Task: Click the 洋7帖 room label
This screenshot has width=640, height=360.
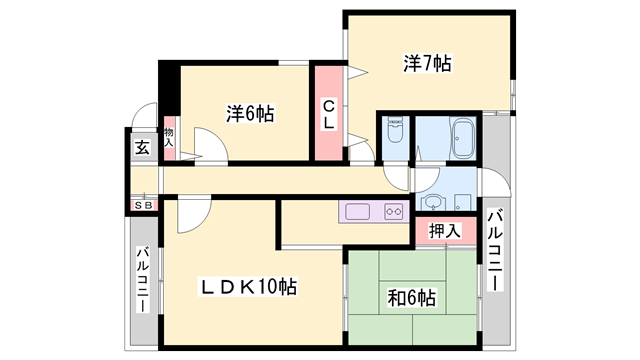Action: [427, 64]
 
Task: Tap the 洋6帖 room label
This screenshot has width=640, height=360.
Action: [250, 113]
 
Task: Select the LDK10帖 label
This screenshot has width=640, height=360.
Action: [248, 287]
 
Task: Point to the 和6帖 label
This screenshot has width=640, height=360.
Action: [412, 298]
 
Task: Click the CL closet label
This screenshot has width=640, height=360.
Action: [329, 115]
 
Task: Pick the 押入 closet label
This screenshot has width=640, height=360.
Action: [445, 231]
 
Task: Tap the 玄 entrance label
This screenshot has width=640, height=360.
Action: [142, 147]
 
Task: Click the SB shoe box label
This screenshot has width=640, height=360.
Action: [144, 206]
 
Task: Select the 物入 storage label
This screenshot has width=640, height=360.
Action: [169, 137]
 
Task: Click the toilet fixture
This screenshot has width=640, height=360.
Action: [395, 130]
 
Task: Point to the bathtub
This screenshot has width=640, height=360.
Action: [463, 138]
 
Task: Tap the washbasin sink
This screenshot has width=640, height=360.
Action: [430, 202]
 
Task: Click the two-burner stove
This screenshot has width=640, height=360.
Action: [393, 212]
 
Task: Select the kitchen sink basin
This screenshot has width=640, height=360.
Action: [358, 211]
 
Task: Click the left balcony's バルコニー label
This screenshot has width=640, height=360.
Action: [142, 280]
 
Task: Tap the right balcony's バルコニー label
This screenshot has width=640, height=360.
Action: [494, 250]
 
